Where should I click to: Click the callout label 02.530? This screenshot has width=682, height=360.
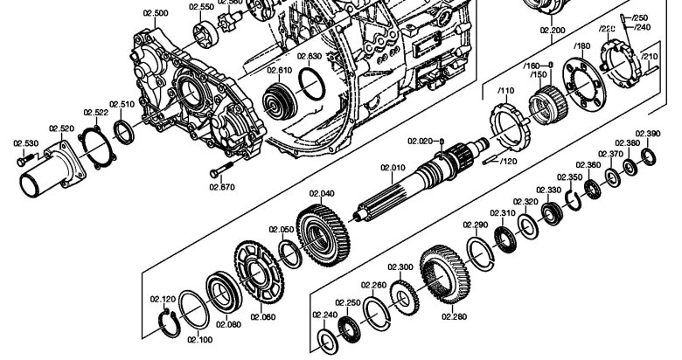[25, 142]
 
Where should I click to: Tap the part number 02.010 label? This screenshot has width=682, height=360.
[393, 167]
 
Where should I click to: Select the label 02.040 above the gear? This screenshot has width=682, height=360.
[322, 193]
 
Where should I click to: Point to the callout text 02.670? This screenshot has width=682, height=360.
[222, 185]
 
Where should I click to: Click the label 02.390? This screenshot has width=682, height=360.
[648, 134]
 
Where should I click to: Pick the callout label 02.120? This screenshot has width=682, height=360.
[162, 298]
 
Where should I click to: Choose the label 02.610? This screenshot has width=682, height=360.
[280, 70]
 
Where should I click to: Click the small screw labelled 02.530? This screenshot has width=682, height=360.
[24, 160]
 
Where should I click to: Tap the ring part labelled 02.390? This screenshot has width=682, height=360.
[650, 157]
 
